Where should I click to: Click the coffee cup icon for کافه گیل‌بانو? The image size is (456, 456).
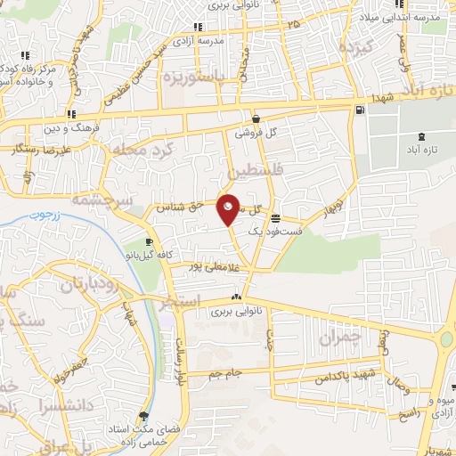148,242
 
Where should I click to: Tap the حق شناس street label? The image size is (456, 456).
181,206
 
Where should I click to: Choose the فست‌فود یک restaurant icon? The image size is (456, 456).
275,217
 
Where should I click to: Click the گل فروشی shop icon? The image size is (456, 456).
256,118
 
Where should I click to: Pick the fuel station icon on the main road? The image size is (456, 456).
359,110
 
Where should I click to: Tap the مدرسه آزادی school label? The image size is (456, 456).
224,40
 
